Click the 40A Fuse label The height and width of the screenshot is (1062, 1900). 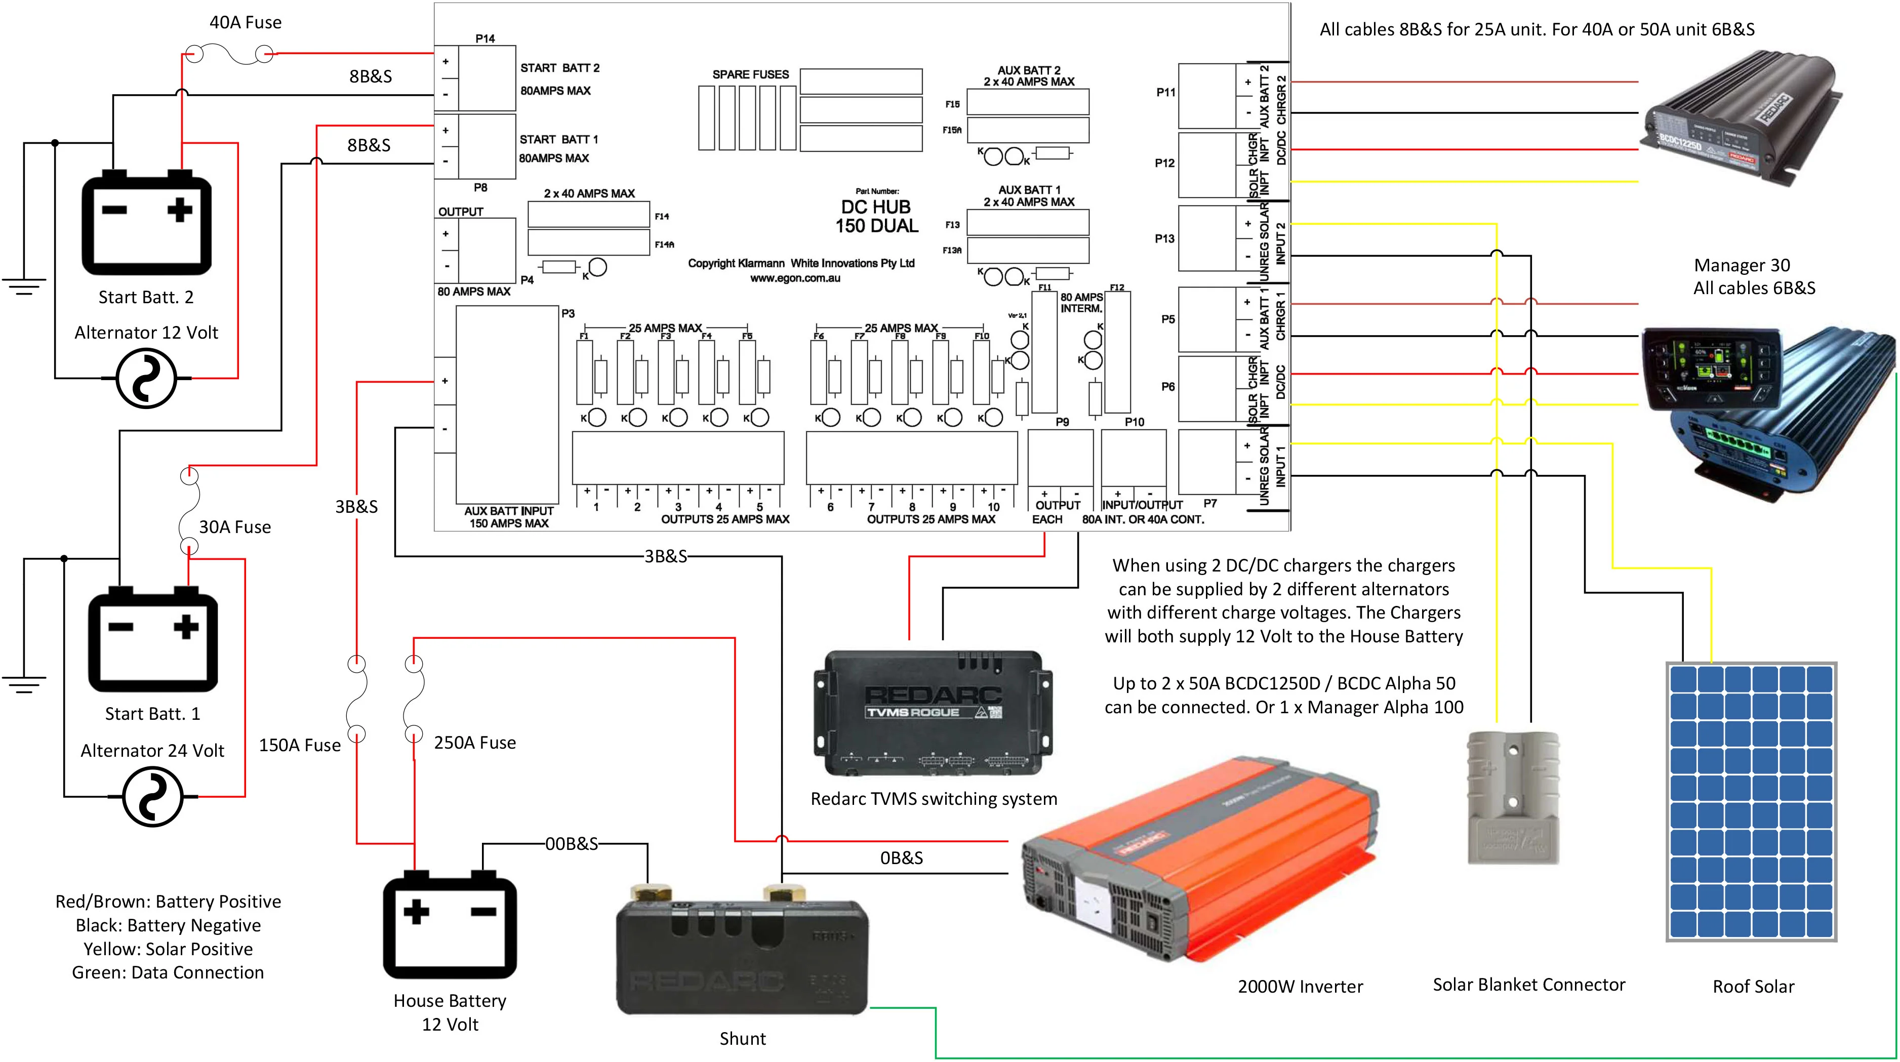245,22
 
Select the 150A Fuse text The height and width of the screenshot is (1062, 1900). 300,745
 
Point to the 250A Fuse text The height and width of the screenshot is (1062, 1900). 474,743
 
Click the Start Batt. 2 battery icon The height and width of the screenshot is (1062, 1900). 146,223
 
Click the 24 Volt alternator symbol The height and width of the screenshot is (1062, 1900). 152,797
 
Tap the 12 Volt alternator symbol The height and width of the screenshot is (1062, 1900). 146,378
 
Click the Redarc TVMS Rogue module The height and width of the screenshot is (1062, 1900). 933,712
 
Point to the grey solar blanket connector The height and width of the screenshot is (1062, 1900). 1513,797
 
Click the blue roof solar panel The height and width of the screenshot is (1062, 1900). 1751,802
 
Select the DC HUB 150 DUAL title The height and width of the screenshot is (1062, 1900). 876,217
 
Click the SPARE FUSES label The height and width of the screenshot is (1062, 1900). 750,74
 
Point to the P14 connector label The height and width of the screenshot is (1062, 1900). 484,38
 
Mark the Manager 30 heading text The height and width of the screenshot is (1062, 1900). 1742,265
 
